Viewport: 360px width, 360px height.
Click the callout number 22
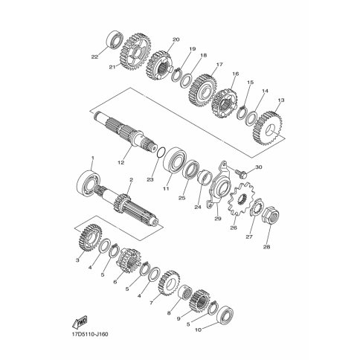coord(94,57)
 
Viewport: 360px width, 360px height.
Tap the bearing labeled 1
coord(89,181)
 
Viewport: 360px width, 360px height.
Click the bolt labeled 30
coord(242,173)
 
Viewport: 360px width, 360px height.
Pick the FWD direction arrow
coord(80,322)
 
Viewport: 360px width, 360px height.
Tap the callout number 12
coord(120,163)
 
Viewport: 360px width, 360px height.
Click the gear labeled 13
coord(268,129)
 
